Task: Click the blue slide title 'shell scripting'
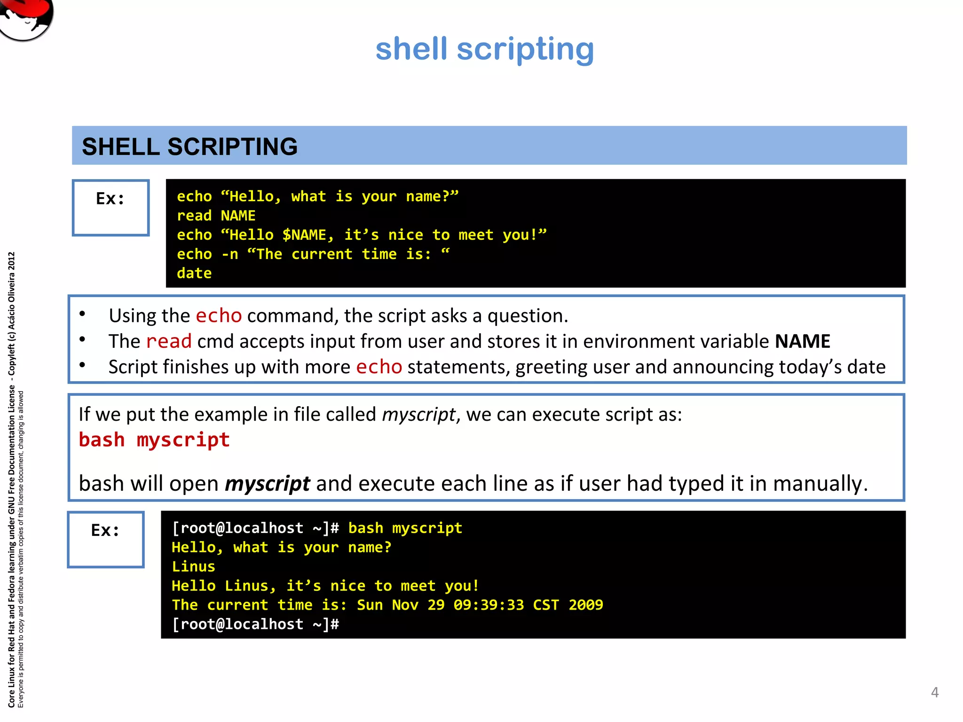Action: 484,49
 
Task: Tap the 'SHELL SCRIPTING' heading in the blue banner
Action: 189,147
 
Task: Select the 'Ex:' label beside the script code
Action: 111,199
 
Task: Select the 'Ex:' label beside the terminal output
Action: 105,531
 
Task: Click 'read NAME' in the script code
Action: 216,216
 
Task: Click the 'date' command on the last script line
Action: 194,274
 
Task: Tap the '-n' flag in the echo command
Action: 229,254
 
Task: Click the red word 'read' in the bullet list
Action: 169,341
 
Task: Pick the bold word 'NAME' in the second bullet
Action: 802,341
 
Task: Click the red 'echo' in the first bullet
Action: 219,315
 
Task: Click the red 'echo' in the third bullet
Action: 379,367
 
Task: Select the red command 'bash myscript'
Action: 154,440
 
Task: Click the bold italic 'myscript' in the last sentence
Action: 267,484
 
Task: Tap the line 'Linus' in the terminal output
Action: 193,567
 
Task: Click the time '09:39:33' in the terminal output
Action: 489,605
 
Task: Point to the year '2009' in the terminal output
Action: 585,605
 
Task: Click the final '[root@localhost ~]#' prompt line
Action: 255,624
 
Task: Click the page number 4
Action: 935,692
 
